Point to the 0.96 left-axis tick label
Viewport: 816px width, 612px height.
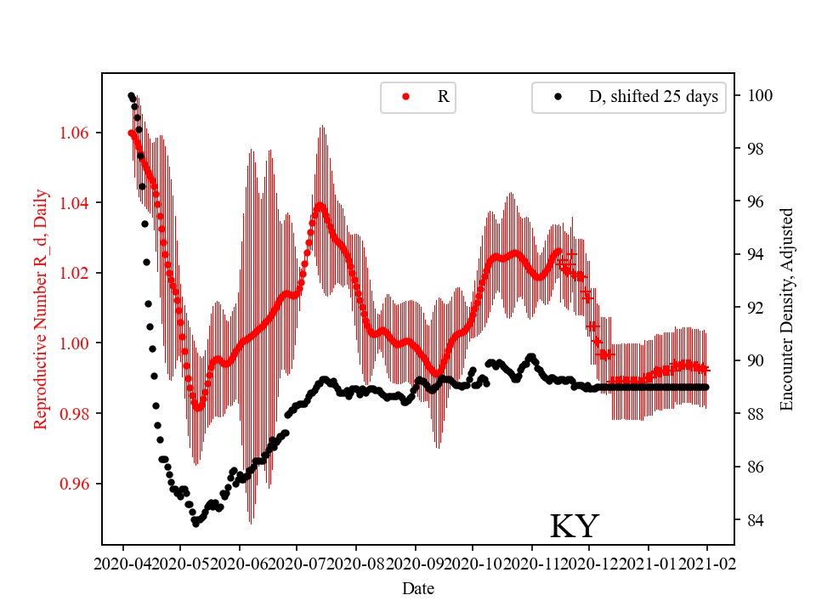click(79, 484)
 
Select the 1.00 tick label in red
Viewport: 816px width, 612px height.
click(79, 343)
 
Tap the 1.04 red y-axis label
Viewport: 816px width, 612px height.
click(79, 203)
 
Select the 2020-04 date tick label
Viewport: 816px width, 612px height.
click(123, 563)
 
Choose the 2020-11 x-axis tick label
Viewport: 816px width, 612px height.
click(532, 563)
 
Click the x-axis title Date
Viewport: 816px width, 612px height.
click(417, 587)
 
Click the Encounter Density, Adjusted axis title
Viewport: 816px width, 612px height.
click(786, 309)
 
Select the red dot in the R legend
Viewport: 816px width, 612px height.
click(405, 97)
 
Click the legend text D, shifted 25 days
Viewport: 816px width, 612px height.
click(653, 97)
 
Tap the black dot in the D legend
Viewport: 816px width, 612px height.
click(558, 97)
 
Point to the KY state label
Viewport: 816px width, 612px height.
click(575, 526)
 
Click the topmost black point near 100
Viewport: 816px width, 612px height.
click(131, 96)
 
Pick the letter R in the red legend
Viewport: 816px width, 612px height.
click(443, 97)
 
